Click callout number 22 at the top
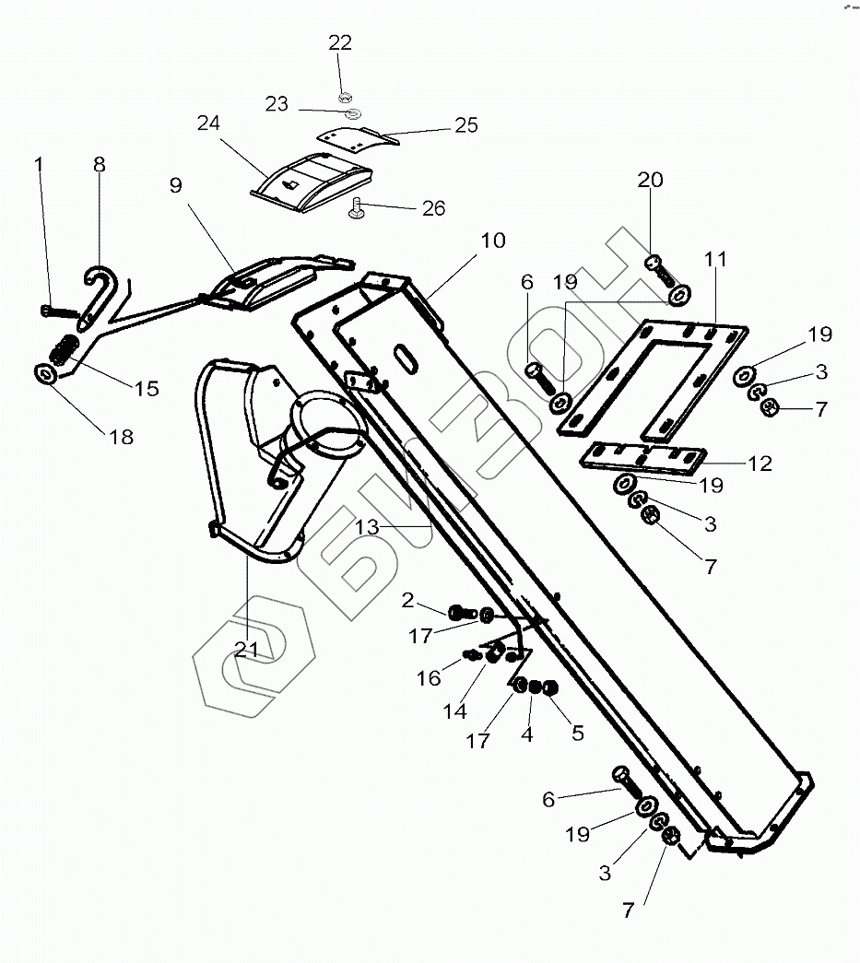tap(340, 43)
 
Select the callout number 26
tap(432, 209)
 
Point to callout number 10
tap(492, 241)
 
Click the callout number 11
tap(715, 260)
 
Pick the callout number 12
tap(760, 464)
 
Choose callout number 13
tap(367, 527)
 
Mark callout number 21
tap(246, 649)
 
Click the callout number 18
tap(122, 437)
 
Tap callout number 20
tap(650, 180)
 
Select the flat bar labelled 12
tap(643, 460)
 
